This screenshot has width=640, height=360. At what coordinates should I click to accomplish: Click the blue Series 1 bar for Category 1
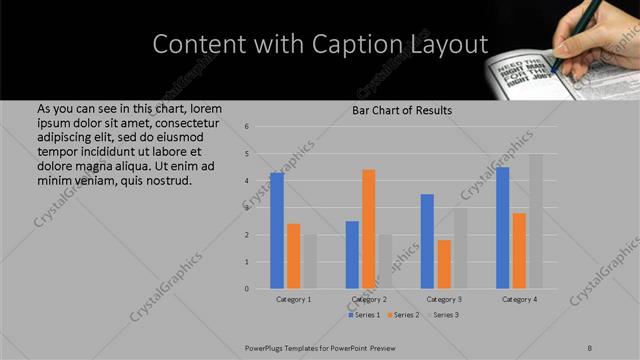click(277, 230)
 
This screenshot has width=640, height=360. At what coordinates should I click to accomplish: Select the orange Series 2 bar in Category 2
click(368, 229)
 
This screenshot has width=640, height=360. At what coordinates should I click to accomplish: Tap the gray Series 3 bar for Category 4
click(535, 221)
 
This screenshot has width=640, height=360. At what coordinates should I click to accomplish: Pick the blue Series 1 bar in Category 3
click(427, 241)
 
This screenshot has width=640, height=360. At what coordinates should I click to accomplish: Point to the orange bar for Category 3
click(443, 264)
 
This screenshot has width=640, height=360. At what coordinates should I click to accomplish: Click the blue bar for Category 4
click(502, 227)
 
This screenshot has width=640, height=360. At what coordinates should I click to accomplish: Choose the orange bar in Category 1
click(293, 256)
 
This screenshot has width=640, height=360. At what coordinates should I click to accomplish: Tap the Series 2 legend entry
click(402, 315)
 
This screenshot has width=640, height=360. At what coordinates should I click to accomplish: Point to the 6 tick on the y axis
click(261, 127)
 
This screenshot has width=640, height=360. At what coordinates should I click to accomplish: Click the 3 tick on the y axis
click(261, 208)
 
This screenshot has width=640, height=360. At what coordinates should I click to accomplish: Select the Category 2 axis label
click(369, 299)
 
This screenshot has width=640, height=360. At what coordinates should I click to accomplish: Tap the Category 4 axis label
click(519, 299)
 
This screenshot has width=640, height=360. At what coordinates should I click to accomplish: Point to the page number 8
click(589, 347)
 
